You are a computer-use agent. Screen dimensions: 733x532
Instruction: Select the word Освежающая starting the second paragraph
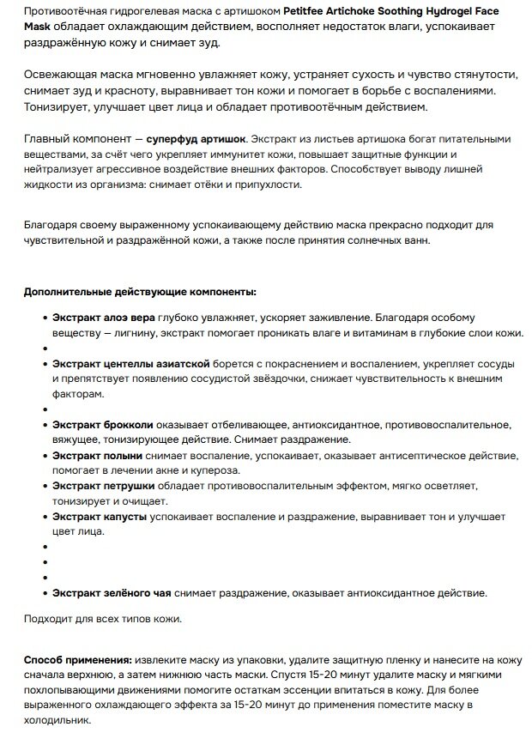[x=58, y=75]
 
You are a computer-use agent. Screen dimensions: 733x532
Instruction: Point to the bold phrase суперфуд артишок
[x=196, y=138]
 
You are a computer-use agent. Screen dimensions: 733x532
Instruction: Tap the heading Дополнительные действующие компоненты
[x=140, y=292]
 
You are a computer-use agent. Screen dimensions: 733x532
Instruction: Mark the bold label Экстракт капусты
[x=100, y=518]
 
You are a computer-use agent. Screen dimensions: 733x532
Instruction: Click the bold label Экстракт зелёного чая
[x=112, y=592]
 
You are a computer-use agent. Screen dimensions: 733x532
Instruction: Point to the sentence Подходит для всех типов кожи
[x=102, y=618]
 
